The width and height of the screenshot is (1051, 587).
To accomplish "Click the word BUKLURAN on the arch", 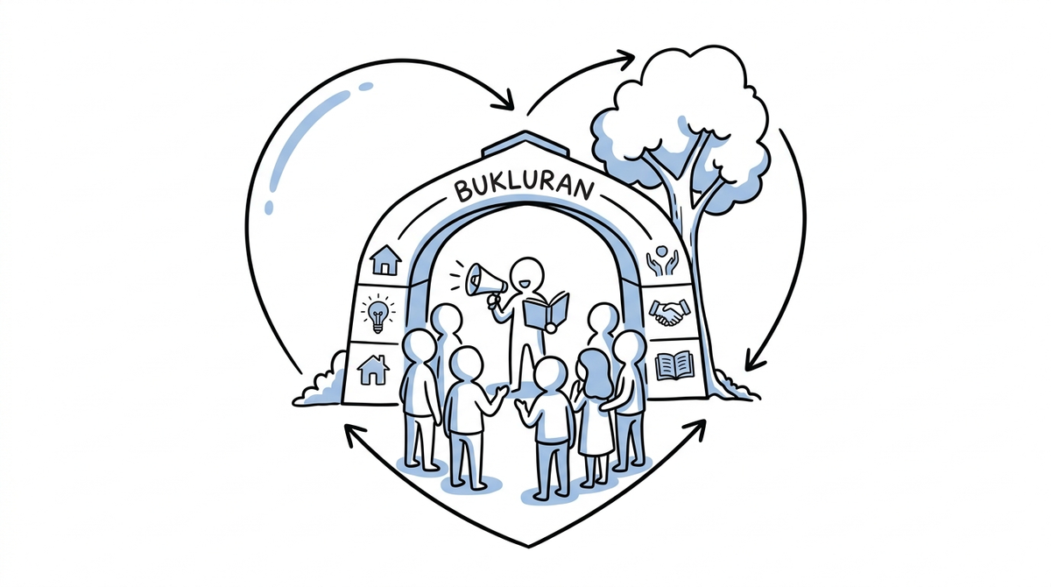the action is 525,188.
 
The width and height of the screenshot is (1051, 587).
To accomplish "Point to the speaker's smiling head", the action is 527,274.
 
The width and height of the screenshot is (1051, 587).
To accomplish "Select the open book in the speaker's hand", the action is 547,312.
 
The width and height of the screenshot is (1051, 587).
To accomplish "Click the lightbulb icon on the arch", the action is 377,314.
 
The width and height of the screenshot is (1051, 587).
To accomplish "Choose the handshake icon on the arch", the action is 669,312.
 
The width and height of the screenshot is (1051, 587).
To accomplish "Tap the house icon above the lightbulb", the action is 385,260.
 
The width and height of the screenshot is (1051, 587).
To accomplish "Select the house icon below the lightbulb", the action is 373,371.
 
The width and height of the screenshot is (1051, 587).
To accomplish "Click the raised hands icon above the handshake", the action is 661,260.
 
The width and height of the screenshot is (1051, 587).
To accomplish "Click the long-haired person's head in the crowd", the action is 595,368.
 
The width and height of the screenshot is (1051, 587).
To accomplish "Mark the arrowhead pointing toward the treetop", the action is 625,59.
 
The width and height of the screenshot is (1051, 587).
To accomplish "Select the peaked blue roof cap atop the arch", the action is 525,144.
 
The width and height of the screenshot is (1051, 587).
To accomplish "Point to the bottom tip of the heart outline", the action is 528,547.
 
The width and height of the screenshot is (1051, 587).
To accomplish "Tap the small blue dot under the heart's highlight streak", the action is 268,208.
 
